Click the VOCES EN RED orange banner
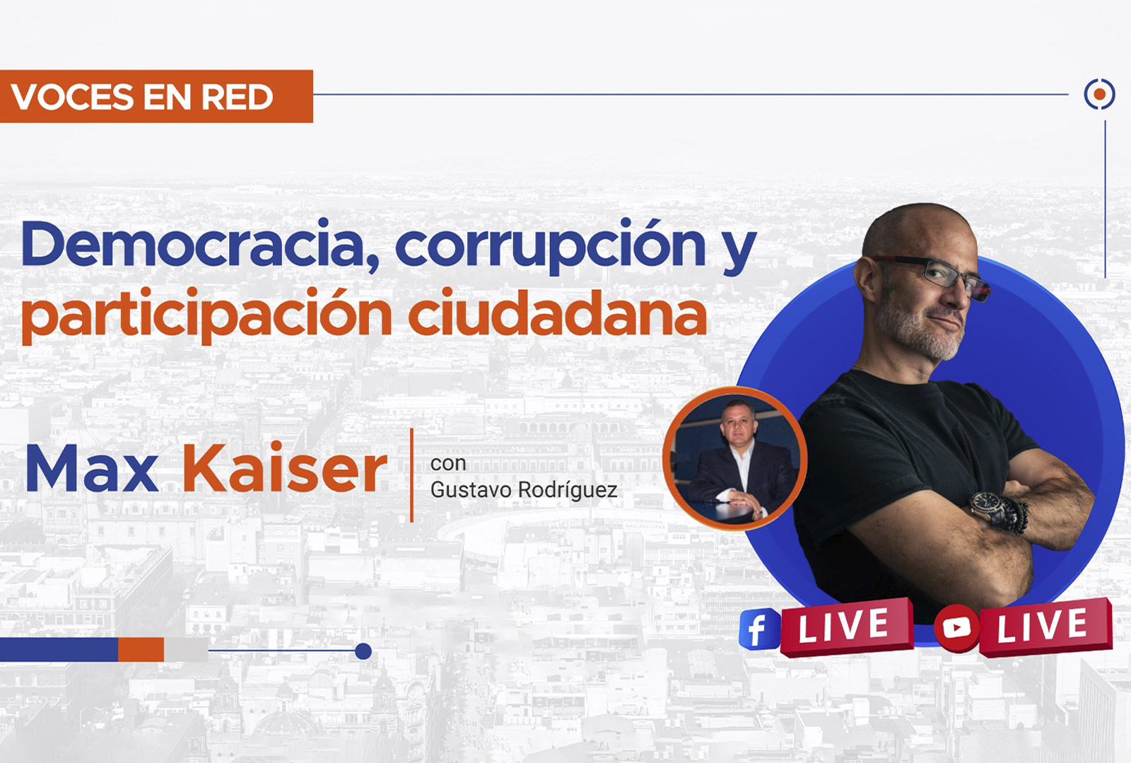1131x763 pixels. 156,96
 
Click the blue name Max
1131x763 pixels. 92,468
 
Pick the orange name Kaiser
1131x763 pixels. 285,468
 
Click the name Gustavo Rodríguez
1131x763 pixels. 523,489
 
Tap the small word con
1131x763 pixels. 447,463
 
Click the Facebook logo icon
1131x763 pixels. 758,629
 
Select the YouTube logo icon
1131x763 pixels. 956,627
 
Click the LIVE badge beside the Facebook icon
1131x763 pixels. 845,627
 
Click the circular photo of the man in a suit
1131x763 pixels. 734,458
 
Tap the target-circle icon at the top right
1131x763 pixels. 1099,94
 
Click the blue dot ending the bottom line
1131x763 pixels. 363,651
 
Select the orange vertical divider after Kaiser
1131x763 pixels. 411,475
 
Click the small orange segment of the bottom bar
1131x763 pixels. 141,649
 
